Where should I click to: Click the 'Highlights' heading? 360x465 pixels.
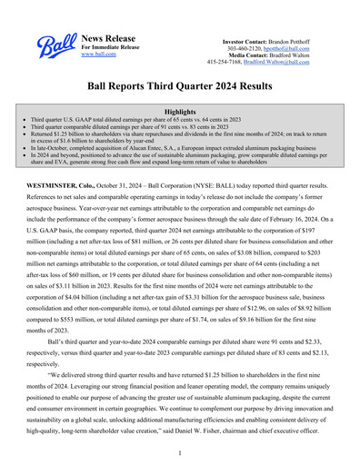[x=179, y=111]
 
